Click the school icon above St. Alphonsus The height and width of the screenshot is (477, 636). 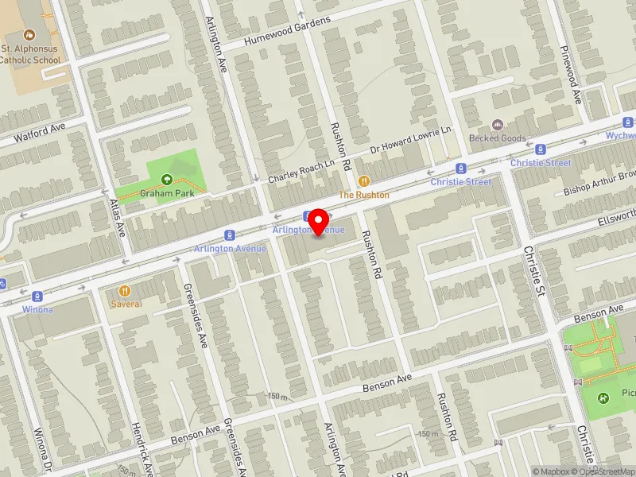click(x=29, y=35)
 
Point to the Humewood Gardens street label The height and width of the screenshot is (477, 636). click(x=287, y=31)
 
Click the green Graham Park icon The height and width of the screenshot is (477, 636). click(x=167, y=180)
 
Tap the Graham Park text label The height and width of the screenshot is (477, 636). click(x=162, y=193)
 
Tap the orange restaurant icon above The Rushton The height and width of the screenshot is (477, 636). click(x=364, y=181)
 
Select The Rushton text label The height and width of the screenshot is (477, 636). click(x=364, y=195)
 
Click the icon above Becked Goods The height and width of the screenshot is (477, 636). click(x=498, y=125)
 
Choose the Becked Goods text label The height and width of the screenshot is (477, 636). click(x=498, y=138)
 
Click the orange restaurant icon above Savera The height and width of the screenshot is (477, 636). click(x=125, y=290)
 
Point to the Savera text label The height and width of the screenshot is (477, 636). click(x=126, y=304)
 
